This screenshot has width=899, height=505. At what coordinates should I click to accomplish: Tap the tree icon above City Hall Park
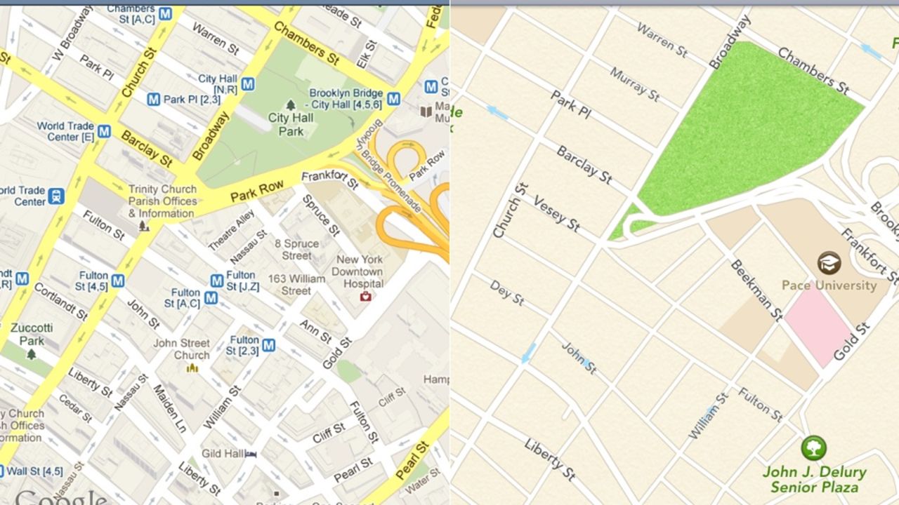pyautogui.click(x=290, y=105)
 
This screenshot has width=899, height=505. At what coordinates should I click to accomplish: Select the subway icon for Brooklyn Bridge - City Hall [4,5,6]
pyautogui.click(x=393, y=99)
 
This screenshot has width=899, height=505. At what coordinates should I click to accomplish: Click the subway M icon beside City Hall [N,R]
pyautogui.click(x=247, y=85)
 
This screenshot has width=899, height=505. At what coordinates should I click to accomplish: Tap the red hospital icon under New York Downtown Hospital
pyautogui.click(x=365, y=297)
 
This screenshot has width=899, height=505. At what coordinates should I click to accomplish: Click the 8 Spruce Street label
pyautogui.click(x=296, y=250)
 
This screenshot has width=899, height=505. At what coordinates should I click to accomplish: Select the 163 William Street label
pyautogui.click(x=296, y=285)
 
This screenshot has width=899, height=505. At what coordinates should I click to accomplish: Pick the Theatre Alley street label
pyautogui.click(x=231, y=229)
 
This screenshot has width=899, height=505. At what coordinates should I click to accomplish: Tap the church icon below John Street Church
pyautogui.click(x=192, y=368)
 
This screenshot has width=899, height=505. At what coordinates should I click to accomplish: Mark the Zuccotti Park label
pyautogui.click(x=31, y=334)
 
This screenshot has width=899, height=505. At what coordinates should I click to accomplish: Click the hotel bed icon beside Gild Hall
pyautogui.click(x=251, y=454)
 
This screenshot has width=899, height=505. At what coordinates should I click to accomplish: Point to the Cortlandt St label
pyautogui.click(x=60, y=299)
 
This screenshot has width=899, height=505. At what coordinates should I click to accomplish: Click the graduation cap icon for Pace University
pyautogui.click(x=829, y=263)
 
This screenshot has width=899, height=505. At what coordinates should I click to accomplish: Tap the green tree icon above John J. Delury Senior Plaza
pyautogui.click(x=813, y=447)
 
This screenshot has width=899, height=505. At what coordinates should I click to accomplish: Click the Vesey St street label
pyautogui.click(x=556, y=213)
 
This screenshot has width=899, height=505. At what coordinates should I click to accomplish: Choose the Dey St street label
pyautogui.click(x=506, y=292)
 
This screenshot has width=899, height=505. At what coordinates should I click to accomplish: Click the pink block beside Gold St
pyautogui.click(x=818, y=327)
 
